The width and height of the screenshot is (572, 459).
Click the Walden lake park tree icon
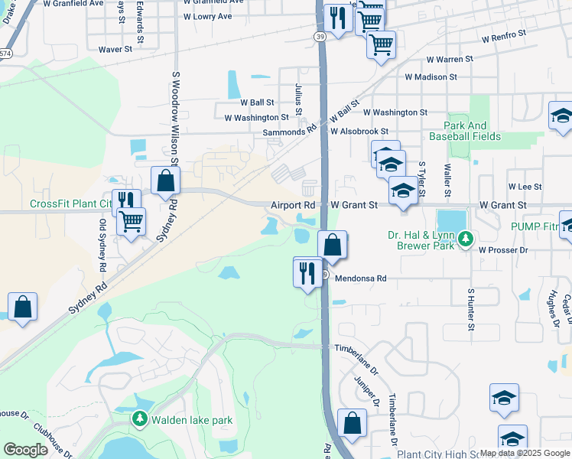click(x=139, y=419)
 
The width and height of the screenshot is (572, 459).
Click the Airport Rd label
click(x=293, y=205)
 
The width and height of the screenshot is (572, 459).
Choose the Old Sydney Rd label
click(x=102, y=245)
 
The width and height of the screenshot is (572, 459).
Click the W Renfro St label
click(x=504, y=34)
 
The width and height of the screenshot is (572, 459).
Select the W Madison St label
click(x=431, y=76)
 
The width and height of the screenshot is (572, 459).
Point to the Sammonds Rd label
click(x=289, y=132)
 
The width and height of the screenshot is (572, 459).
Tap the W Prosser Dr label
click(x=503, y=250)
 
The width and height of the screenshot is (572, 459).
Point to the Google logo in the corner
click(x=25, y=450)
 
